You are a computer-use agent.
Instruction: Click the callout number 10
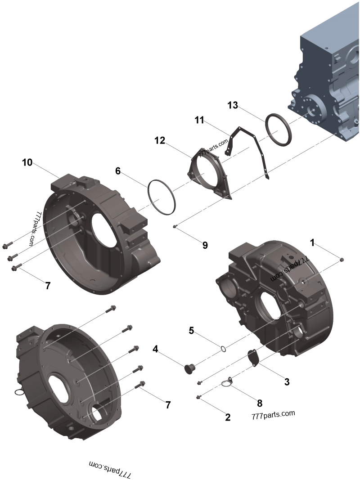27,162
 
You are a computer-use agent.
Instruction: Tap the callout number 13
232,105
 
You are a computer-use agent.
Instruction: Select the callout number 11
199,120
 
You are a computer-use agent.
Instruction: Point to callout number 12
160,140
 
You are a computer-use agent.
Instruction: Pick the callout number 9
205,245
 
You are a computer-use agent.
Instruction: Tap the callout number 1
312,242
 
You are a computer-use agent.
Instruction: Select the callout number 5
191,331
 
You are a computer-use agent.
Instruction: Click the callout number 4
155,349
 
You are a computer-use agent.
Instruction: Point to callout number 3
287,382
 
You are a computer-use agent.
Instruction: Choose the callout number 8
259,403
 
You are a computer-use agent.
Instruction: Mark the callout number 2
228,417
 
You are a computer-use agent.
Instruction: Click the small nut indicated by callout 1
342,260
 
